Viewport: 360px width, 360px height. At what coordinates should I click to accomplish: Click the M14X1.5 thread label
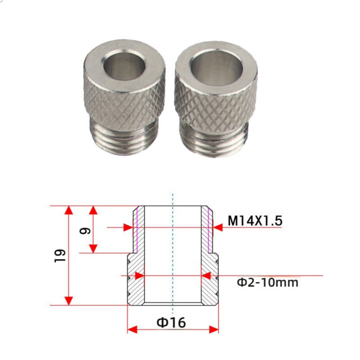(255, 221)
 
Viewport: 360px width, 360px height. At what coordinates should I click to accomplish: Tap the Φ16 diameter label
(171, 322)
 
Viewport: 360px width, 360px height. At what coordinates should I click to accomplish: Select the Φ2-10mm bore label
(268, 282)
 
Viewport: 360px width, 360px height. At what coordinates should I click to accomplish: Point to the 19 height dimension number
(60, 256)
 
